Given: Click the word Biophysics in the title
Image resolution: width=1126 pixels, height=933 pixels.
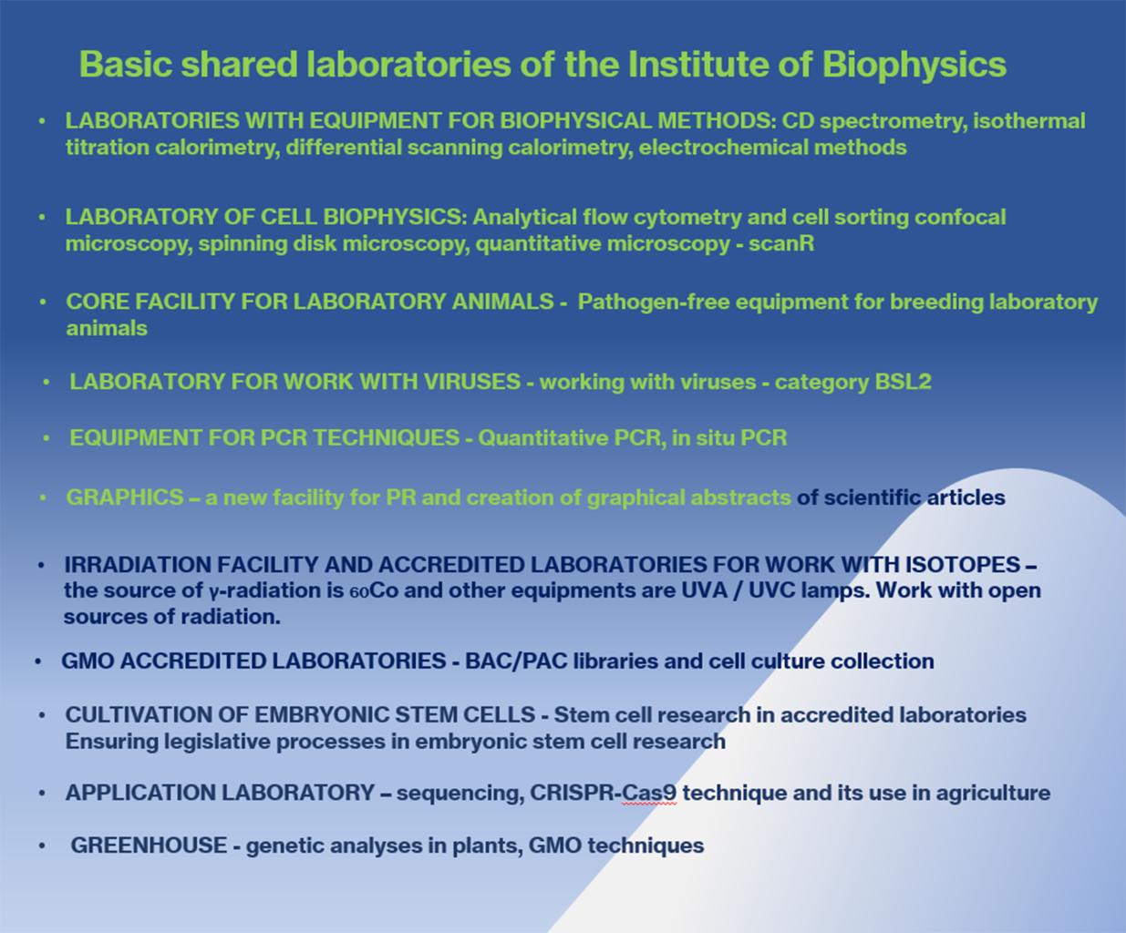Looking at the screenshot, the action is pos(914,66).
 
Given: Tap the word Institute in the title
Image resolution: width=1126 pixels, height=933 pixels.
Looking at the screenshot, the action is pos(699,64).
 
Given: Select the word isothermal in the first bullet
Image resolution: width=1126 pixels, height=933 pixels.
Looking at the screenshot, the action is pos(1029,121).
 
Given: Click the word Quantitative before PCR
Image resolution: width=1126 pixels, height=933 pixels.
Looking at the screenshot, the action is pos(543,437).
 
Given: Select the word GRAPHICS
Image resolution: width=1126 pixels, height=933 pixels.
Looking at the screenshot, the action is pos(125,497).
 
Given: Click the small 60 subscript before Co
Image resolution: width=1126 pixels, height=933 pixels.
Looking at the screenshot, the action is pos(359,593).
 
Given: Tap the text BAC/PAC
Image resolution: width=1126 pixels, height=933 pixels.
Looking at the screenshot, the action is pos(516,661).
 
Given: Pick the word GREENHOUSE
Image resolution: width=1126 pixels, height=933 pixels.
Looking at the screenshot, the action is pos(149,846).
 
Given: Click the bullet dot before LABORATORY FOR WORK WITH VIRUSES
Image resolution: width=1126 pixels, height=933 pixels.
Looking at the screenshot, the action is pos(46,382).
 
